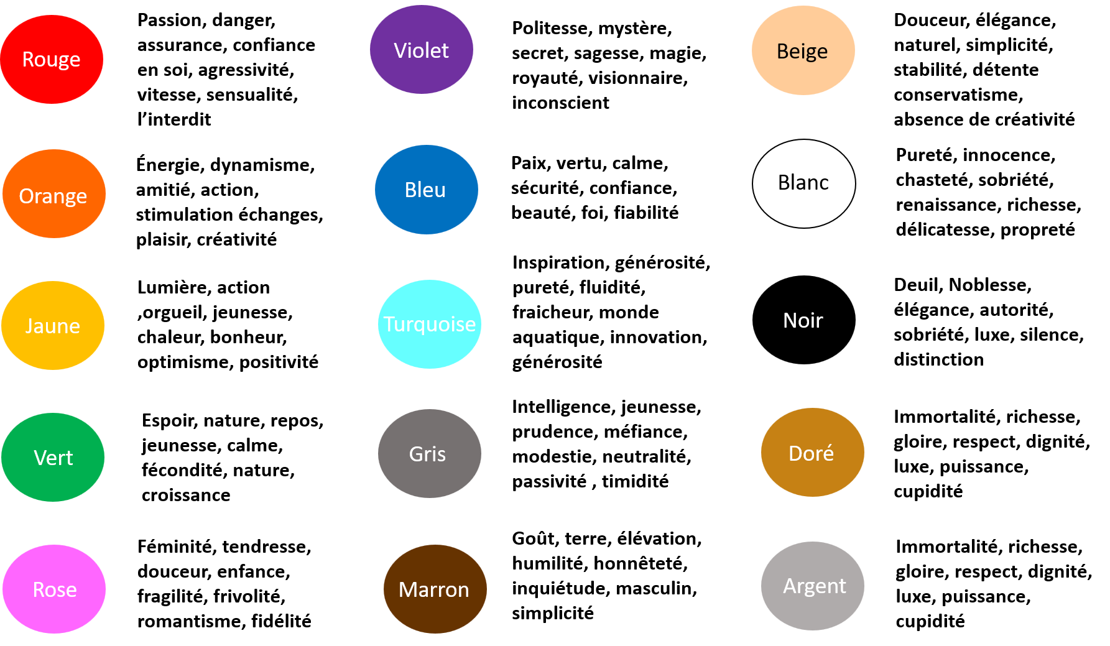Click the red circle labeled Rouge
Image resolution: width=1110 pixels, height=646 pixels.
coord(52,59)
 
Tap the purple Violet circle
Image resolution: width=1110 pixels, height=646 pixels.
coord(422,50)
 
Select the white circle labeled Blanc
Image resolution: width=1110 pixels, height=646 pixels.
coord(804,183)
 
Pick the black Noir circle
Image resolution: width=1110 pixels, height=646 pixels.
coord(804,320)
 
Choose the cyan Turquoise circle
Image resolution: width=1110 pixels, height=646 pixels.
coord(430,324)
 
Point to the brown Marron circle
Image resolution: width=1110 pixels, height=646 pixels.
coord(435,589)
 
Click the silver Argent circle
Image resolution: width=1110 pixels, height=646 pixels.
coord(813,586)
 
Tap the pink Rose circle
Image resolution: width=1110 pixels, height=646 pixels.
coord(54,589)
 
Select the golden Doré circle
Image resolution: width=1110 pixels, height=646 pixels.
coord(813,452)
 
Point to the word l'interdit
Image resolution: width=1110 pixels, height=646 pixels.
coord(174,119)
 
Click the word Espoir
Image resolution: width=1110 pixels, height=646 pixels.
coord(169,421)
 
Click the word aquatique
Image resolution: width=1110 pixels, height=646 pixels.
coord(558,338)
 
